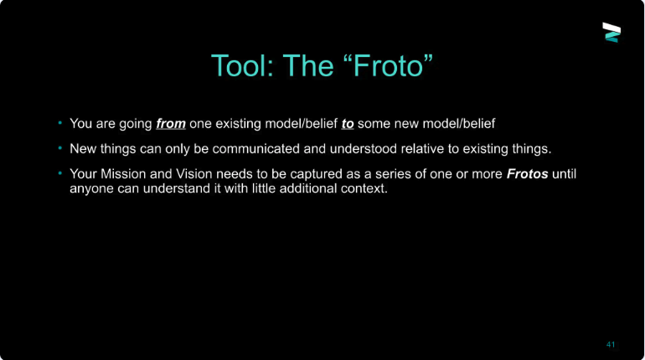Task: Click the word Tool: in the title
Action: pyautogui.click(x=242, y=66)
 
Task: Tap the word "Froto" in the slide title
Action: pyautogui.click(x=388, y=65)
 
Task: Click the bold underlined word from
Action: pyautogui.click(x=171, y=123)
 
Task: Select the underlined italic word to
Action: pyautogui.click(x=348, y=123)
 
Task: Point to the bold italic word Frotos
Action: pyautogui.click(x=527, y=174)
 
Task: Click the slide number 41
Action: pyautogui.click(x=611, y=344)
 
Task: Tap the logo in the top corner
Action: pyautogui.click(x=611, y=32)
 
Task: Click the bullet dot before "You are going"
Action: pyautogui.click(x=60, y=122)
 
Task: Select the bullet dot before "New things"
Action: pyautogui.click(x=60, y=148)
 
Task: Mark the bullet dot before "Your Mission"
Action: pyautogui.click(x=60, y=173)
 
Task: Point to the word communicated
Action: pyautogui.click(x=255, y=149)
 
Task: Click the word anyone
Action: pyautogui.click(x=92, y=188)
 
